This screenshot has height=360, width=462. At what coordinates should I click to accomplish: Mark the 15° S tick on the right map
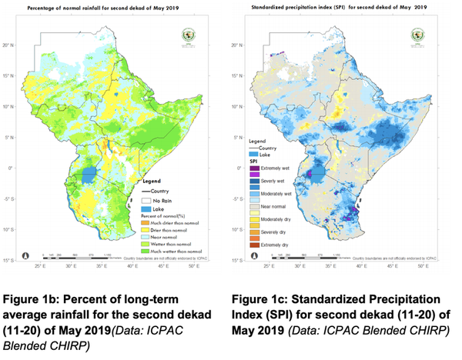click(238, 261)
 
